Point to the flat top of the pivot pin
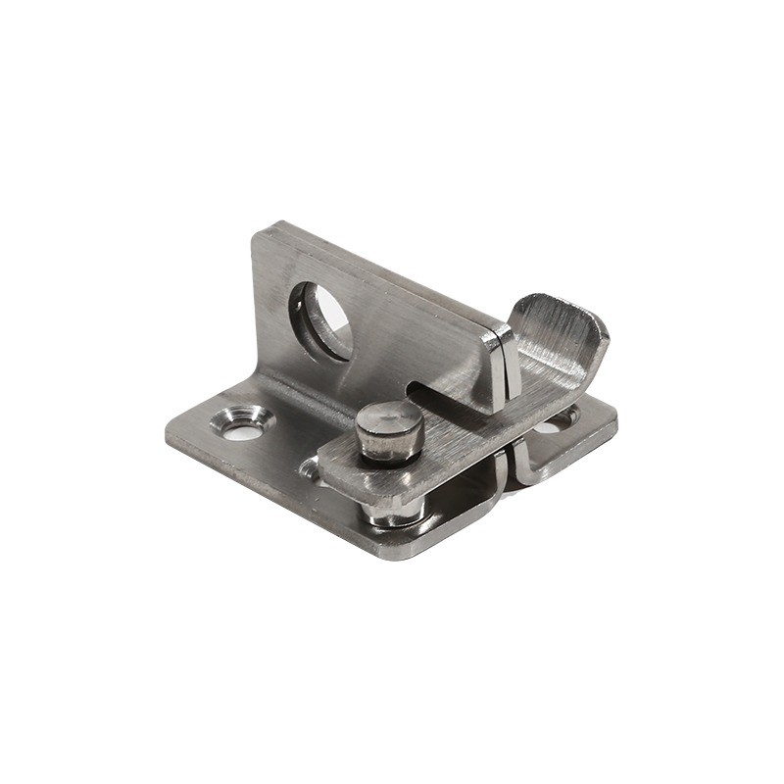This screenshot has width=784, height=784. click(389, 419)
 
